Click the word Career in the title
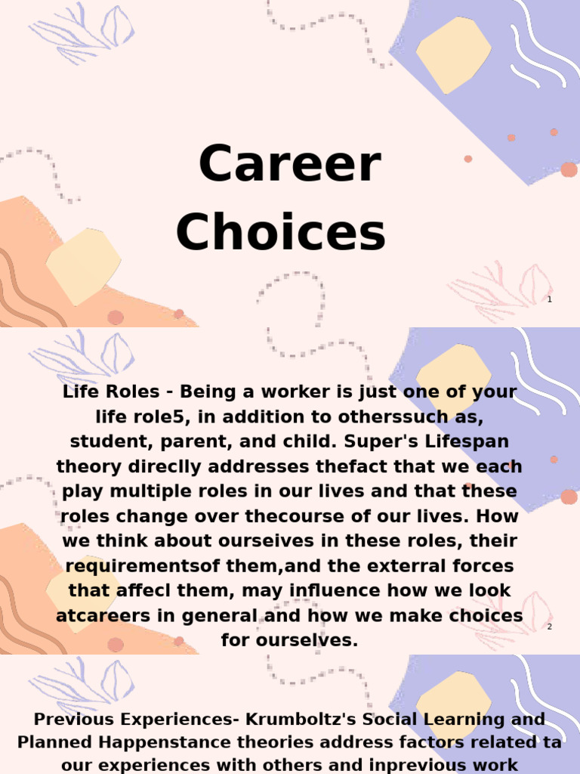289,165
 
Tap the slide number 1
550,300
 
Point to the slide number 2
550,627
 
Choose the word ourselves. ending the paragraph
289,641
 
